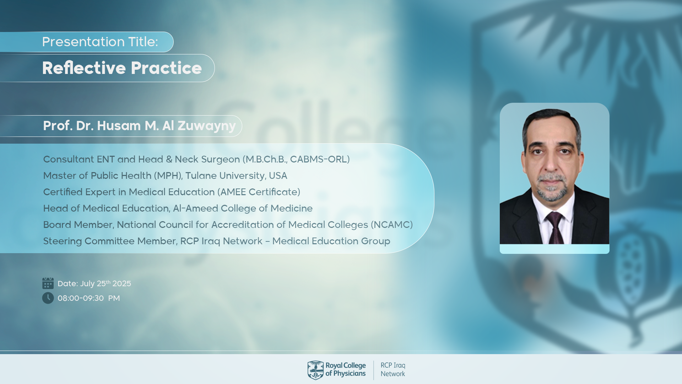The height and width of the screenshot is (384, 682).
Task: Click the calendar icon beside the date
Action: (48, 283)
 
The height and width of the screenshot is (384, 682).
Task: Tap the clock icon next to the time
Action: (48, 298)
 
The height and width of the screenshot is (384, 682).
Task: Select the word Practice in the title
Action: (166, 68)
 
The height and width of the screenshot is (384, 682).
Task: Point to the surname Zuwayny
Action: (207, 126)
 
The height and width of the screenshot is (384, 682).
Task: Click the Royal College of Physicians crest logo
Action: (315, 370)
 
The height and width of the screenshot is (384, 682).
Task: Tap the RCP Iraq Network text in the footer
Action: (393, 369)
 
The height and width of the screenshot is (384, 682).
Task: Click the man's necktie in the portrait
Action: (555, 228)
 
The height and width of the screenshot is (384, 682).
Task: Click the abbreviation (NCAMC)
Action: (392, 225)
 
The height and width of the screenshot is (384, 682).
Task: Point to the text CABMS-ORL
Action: (318, 159)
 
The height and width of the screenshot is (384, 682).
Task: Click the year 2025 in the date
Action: (122, 284)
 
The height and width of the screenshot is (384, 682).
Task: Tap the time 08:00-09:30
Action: (81, 298)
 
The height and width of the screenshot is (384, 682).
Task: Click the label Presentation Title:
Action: (100, 42)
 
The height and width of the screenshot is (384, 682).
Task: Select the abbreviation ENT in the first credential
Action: (106, 159)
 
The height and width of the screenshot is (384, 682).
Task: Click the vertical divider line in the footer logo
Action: (374, 370)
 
